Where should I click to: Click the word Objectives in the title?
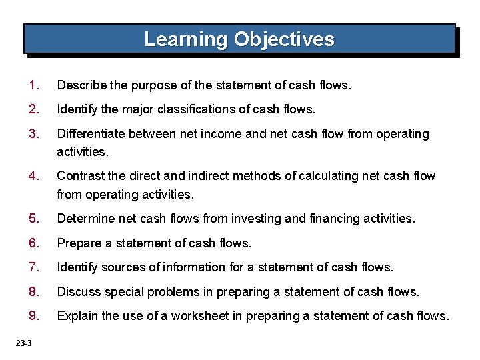(x=284, y=39)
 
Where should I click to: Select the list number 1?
(x=33, y=85)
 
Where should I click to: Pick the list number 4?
(x=33, y=176)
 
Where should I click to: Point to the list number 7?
(x=33, y=267)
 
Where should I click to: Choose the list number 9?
(x=33, y=315)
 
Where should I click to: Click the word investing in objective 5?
(x=243, y=219)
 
